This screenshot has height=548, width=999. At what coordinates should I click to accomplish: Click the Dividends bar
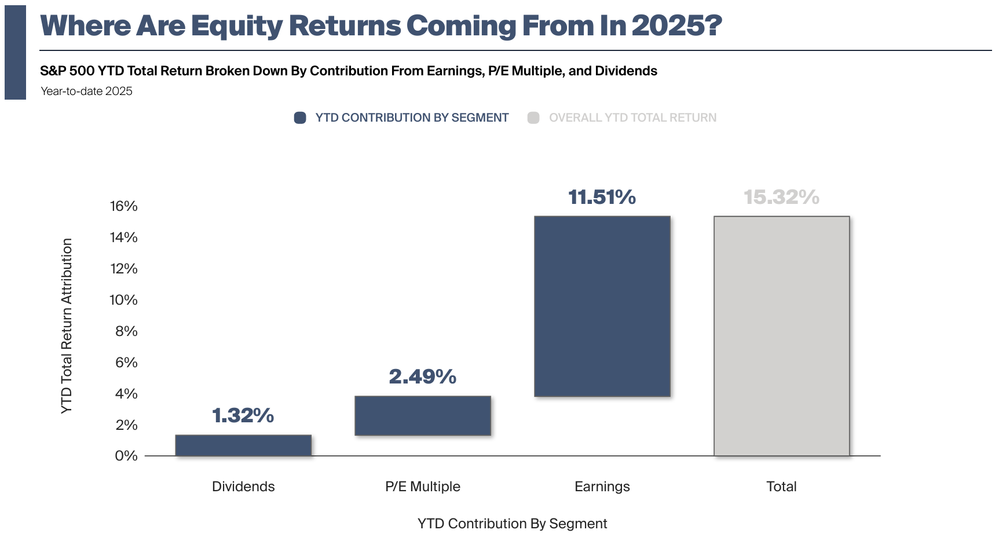click(x=243, y=445)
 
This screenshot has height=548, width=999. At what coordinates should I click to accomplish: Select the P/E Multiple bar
click(x=423, y=416)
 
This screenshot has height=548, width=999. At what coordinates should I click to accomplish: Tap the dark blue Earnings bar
click(x=602, y=306)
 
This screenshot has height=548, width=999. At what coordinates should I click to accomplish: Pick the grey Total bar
click(x=782, y=336)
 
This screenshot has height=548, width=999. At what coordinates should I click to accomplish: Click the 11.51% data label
click(x=602, y=197)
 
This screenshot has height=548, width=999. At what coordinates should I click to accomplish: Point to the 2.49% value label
click(x=423, y=377)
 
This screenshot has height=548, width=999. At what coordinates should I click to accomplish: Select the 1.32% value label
click(x=243, y=415)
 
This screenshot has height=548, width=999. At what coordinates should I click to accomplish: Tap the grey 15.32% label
click(x=782, y=197)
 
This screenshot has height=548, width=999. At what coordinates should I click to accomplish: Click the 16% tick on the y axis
click(x=124, y=206)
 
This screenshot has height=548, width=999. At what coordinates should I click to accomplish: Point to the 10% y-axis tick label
click(x=124, y=300)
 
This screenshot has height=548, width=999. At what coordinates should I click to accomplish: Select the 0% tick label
click(x=126, y=456)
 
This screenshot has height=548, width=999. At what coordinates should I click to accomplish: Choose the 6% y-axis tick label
click(x=126, y=363)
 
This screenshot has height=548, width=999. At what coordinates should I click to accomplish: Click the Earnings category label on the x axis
click(x=602, y=487)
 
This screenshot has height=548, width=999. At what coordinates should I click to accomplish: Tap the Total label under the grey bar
click(x=782, y=487)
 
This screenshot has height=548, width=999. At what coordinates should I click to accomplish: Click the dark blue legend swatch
click(x=300, y=118)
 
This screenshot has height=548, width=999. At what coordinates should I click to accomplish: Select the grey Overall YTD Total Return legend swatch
click(x=533, y=118)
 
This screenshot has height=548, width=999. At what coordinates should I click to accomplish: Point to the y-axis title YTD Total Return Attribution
click(x=67, y=326)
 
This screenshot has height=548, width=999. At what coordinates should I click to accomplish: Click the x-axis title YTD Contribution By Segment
click(x=513, y=524)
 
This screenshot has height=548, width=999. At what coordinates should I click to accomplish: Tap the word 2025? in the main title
click(x=677, y=26)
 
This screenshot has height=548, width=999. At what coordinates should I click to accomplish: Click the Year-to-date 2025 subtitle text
click(x=87, y=91)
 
